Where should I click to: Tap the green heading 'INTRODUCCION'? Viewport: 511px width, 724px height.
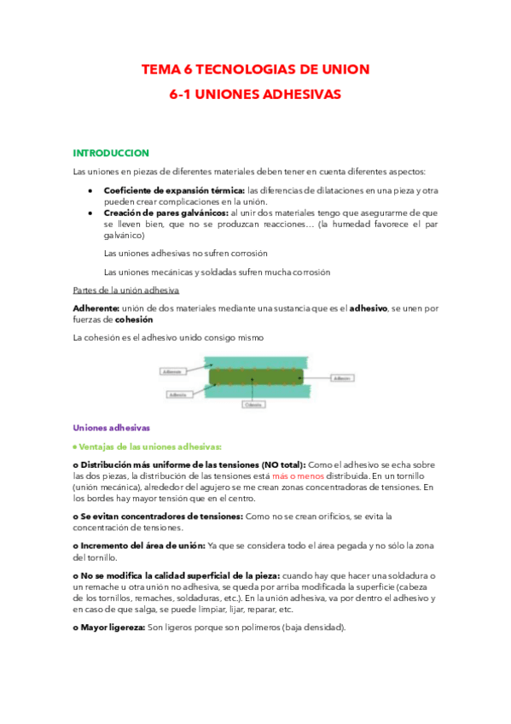point(111,153)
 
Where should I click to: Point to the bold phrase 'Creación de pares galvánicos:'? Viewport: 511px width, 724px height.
point(165,212)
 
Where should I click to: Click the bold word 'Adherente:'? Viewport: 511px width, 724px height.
point(96,307)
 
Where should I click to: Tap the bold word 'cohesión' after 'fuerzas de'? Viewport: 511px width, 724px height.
point(134,318)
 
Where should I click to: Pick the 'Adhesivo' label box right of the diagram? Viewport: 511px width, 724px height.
point(342,377)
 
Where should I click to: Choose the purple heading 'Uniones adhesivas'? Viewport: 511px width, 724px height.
point(112,428)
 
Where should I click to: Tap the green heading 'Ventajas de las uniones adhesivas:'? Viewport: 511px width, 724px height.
point(150,446)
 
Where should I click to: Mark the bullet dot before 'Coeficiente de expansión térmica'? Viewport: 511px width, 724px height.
point(90,190)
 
